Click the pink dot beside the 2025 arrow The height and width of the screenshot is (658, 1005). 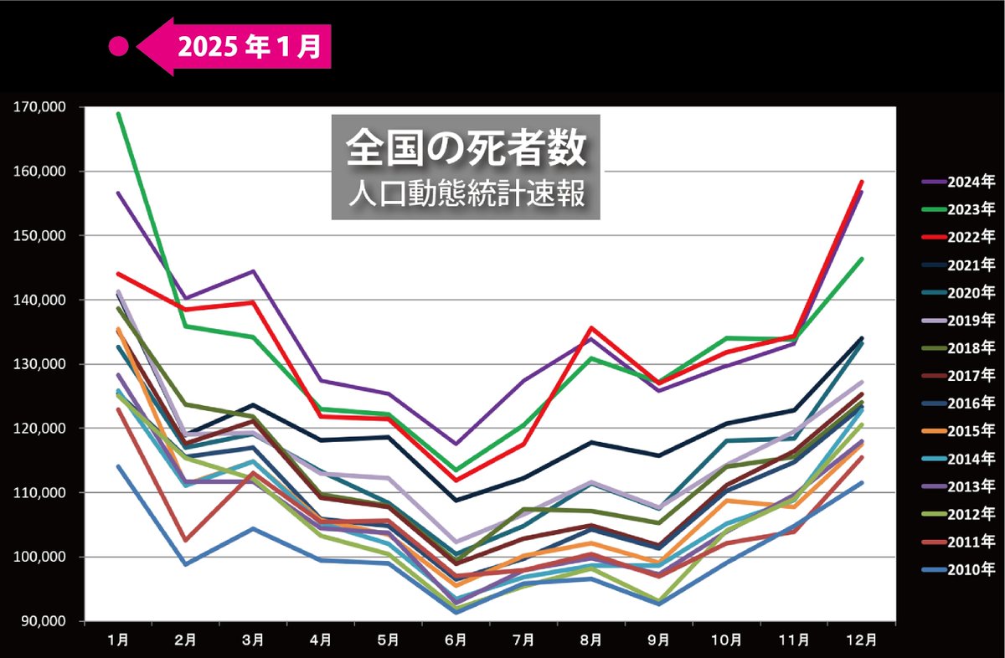point(119,47)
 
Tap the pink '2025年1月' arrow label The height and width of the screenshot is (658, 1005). point(243,47)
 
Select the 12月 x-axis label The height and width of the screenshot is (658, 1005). point(862,640)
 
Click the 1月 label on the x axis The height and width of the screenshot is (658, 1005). point(118,640)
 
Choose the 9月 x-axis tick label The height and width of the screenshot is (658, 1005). point(658,640)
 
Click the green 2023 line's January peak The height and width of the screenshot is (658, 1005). point(118,113)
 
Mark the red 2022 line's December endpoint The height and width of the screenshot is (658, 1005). point(862,182)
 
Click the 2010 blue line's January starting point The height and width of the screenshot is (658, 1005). point(118,466)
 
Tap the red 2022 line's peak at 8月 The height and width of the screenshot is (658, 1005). point(590,327)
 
